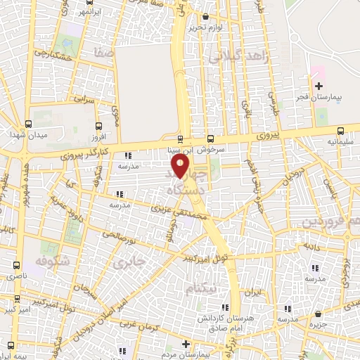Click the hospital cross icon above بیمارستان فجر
(319, 86)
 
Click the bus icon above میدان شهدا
(28, 122)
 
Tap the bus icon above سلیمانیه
(341, 130)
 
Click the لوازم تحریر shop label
(205, 27)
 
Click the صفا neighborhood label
(98, 51)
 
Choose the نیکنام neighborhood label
(202, 288)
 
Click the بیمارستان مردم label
(186, 355)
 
